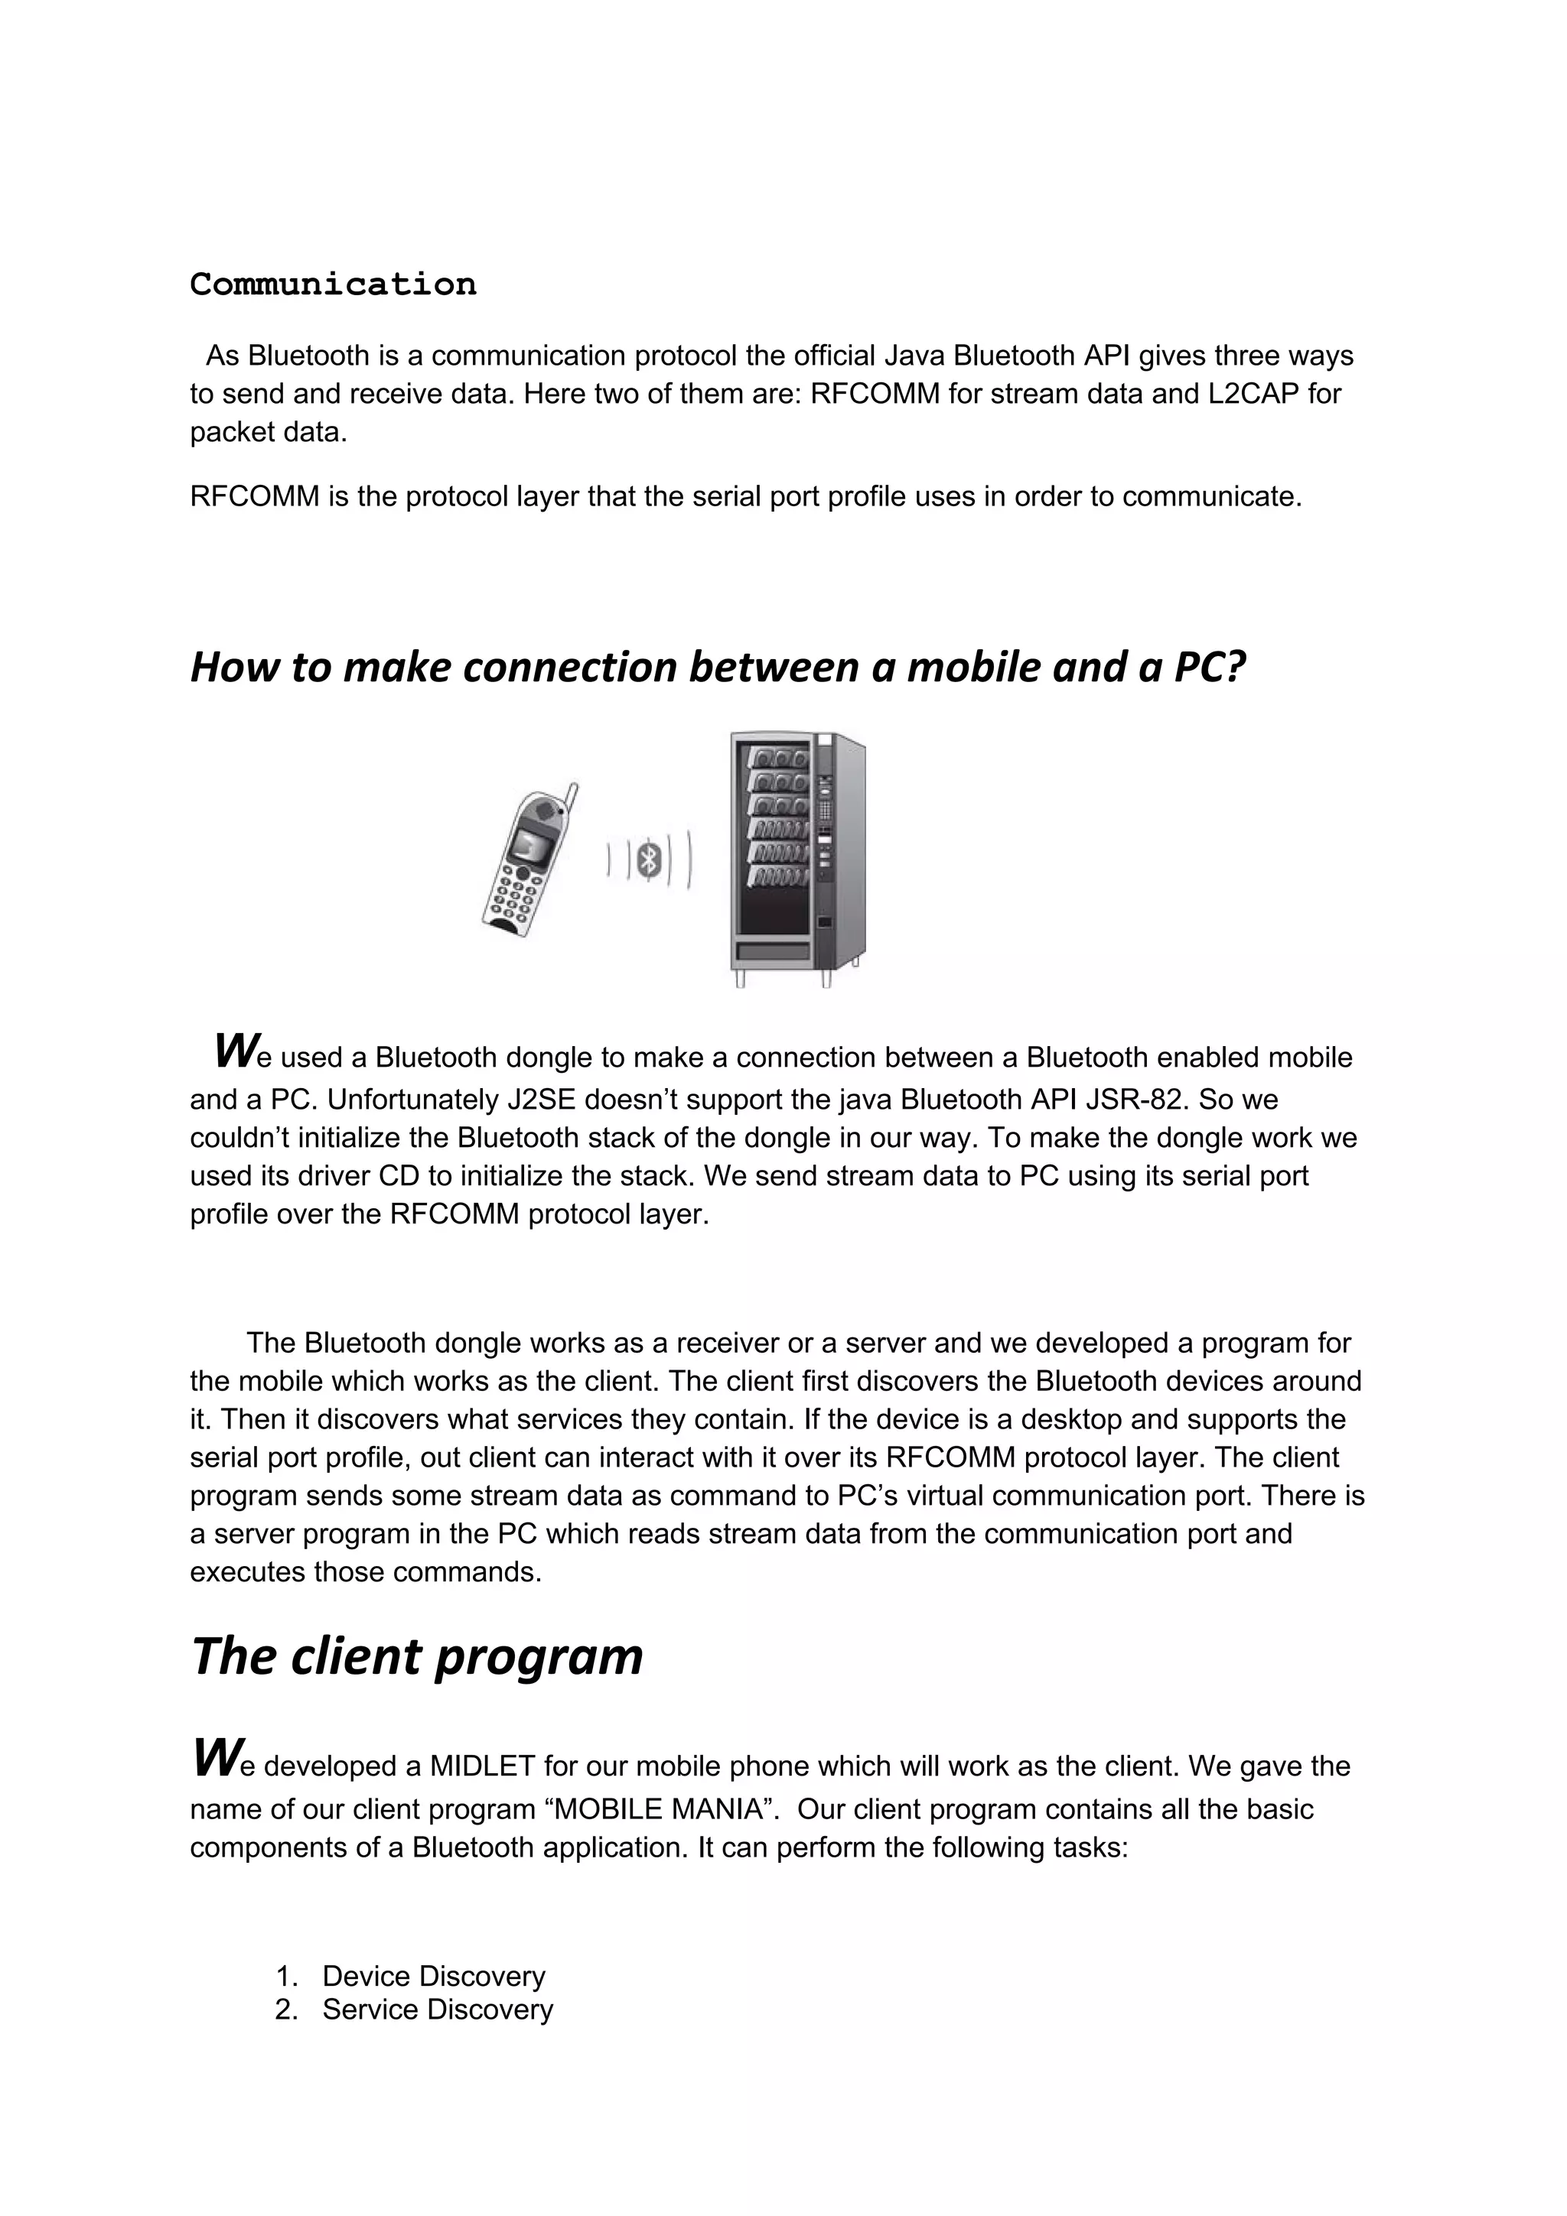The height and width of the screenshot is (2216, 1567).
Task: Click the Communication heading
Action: click(333, 284)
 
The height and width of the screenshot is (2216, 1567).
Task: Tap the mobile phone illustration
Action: click(528, 861)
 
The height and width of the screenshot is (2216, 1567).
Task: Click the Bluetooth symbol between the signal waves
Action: click(650, 858)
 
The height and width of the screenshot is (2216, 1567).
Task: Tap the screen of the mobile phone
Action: click(527, 844)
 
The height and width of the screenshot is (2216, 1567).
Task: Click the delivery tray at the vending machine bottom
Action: click(772, 952)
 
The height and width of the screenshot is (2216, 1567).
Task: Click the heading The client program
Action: click(417, 1657)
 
